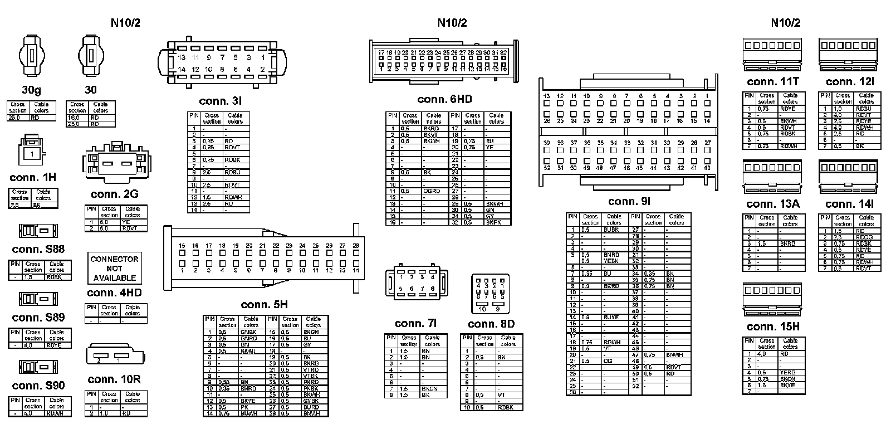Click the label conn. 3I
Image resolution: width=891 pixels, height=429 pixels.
pos(220,101)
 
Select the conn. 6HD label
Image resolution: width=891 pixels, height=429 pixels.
pos(444,99)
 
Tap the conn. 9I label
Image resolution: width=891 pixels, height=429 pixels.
pos(629,202)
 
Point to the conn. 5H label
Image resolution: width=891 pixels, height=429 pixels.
pos(264,305)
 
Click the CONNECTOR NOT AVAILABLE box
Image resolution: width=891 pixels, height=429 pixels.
pos(115,268)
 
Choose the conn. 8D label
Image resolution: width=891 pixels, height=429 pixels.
pos(491,324)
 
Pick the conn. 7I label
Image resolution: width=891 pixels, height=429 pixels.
pos(415,324)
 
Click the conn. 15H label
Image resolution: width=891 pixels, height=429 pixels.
pos(773,326)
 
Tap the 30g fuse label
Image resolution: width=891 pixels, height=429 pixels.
pos(32,90)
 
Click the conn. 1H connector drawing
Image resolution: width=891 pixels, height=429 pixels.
pos(32,150)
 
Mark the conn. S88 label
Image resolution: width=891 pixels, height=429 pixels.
pos(38,249)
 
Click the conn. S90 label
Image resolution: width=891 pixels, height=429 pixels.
pos(38,386)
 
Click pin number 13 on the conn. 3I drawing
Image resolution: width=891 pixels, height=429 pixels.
pos(182,57)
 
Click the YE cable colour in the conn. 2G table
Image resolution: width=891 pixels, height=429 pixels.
pos(126,222)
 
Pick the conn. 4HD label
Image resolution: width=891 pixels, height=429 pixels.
pos(114,293)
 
